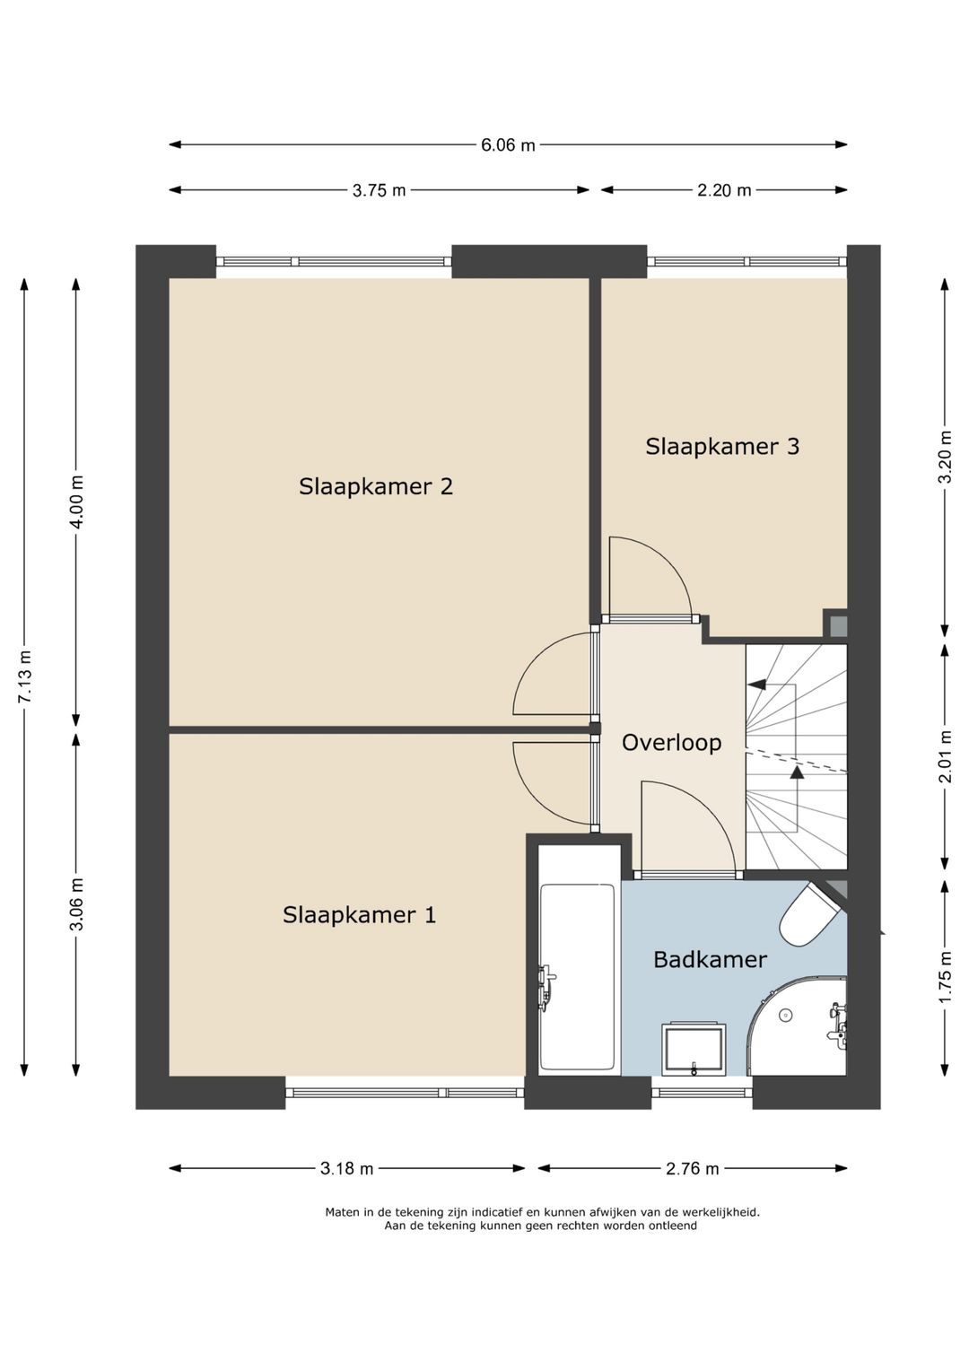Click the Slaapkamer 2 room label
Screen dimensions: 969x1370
[x=376, y=487]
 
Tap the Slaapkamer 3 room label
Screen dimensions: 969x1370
[x=722, y=446]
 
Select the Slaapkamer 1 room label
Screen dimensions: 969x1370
[x=359, y=915]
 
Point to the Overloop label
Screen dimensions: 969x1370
[x=672, y=743]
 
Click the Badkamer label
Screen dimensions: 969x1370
[x=710, y=960]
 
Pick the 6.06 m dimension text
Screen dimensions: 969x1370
[x=508, y=145]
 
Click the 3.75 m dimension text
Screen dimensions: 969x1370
[x=379, y=191]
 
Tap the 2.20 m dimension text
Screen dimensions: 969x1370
[x=724, y=191]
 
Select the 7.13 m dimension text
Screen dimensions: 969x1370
[x=24, y=676]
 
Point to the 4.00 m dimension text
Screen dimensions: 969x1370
[x=76, y=502]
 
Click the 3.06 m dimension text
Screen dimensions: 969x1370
[x=76, y=904]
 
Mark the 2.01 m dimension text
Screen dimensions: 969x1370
[x=945, y=756]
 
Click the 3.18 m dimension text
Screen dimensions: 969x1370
[x=346, y=1169]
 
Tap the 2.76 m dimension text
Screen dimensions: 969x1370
[x=692, y=1169]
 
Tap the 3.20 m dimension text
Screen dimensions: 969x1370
[x=945, y=457]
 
